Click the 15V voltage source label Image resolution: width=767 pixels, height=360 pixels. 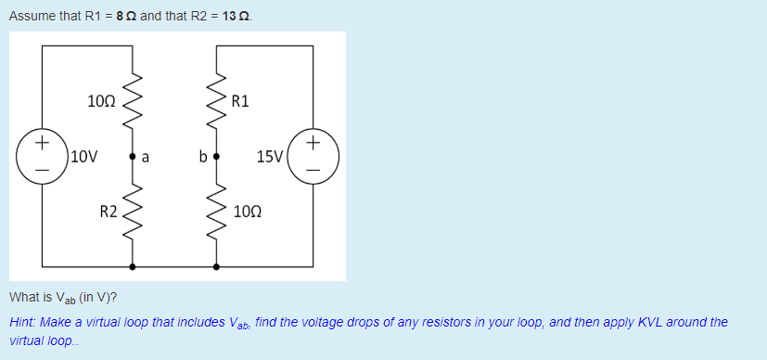click(270, 156)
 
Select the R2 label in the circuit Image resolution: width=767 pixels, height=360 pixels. click(109, 212)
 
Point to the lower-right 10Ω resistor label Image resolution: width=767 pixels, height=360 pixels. click(249, 212)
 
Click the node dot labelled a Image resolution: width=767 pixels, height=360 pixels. click(133, 156)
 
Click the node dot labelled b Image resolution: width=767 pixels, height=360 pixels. click(217, 156)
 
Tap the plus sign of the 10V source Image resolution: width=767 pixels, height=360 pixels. click(41, 143)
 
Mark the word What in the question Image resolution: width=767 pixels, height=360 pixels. click(23, 298)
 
